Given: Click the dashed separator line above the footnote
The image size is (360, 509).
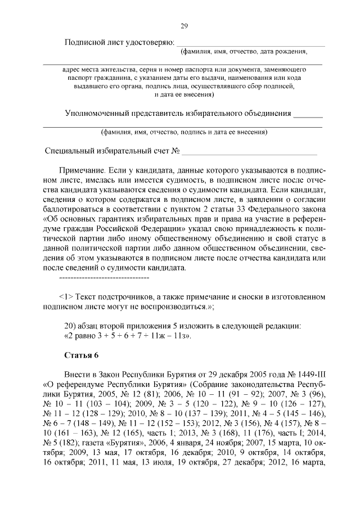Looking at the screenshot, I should [x=103, y=278].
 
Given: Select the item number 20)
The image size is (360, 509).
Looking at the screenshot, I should [x=70, y=326].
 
